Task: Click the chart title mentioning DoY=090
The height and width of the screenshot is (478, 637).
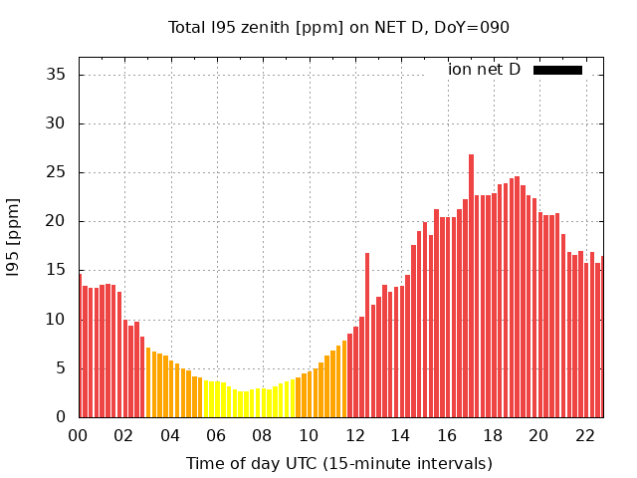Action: coord(338,27)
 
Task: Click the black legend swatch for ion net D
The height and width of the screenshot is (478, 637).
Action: coord(557,70)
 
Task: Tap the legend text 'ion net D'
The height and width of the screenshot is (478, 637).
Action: coord(484,70)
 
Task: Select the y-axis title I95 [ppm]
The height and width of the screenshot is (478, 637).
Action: coord(13,237)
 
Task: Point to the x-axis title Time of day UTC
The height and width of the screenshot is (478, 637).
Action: coord(338,463)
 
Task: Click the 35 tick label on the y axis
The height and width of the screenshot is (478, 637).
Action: coord(57,75)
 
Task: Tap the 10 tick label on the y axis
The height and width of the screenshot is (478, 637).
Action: coord(57,319)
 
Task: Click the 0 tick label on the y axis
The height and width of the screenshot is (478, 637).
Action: coord(62,416)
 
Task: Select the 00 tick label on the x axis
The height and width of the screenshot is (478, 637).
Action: coord(79,435)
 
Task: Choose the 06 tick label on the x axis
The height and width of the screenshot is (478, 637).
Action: coord(216,435)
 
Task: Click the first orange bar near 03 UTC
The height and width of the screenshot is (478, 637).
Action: coord(148,383)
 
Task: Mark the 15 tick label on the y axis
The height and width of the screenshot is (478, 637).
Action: coord(57,270)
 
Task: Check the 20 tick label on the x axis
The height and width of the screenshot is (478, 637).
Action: coord(538,435)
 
